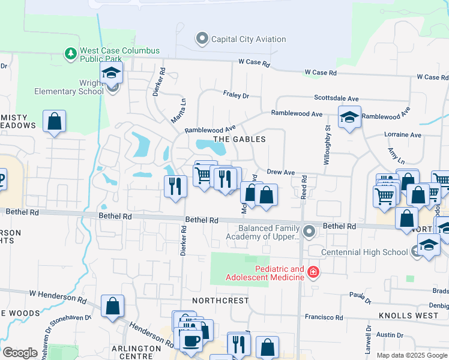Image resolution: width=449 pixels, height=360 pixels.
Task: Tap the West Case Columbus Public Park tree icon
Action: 71,54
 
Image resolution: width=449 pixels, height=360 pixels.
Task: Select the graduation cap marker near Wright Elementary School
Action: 111,74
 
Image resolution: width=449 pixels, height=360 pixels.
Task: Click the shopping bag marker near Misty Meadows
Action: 54,121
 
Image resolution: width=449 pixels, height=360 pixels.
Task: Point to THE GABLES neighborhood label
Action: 239,139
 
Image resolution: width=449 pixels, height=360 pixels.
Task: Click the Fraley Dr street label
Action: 235,95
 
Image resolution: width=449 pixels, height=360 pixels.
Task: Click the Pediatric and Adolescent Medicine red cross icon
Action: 313,272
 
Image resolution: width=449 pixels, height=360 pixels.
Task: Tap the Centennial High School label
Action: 365,251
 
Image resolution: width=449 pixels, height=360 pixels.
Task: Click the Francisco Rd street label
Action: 323,317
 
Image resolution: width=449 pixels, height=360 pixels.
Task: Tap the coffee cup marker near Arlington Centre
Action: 192,341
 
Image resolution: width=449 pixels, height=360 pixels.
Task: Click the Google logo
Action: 20,353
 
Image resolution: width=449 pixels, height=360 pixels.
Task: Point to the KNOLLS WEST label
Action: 408,315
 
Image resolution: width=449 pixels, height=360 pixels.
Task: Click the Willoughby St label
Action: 328,145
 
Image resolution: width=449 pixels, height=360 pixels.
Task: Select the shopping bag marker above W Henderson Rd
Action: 112,306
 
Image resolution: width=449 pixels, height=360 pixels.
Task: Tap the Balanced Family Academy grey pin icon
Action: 309,231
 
